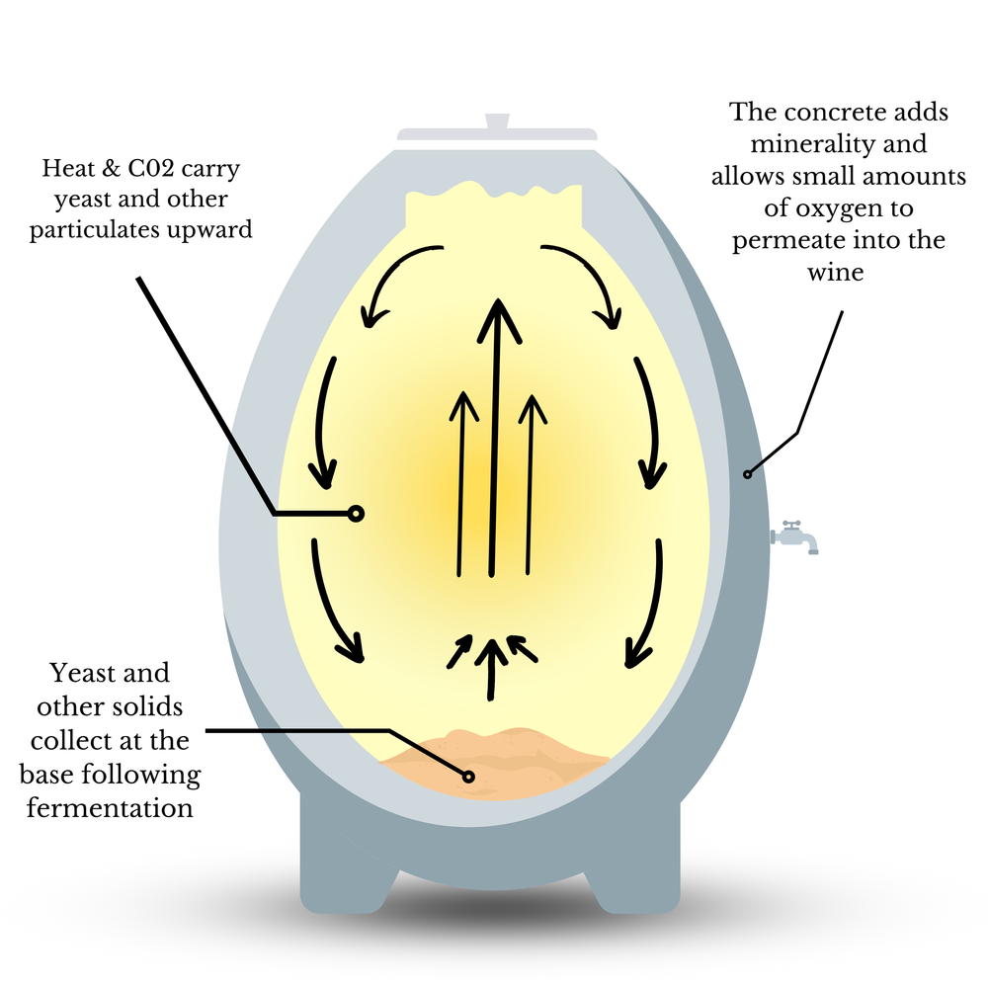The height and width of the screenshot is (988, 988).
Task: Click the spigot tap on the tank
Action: click(x=795, y=536)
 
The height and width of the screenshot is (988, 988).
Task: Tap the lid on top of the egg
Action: click(x=496, y=132)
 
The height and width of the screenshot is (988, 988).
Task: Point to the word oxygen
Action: click(x=856, y=208)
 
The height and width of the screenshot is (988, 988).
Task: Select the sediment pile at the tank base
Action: click(x=494, y=756)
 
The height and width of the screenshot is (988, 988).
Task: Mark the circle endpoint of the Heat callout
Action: click(x=356, y=513)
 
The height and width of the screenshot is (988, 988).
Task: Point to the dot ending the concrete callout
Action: click(x=748, y=474)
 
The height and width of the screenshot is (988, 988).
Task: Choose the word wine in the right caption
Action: click(x=838, y=273)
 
